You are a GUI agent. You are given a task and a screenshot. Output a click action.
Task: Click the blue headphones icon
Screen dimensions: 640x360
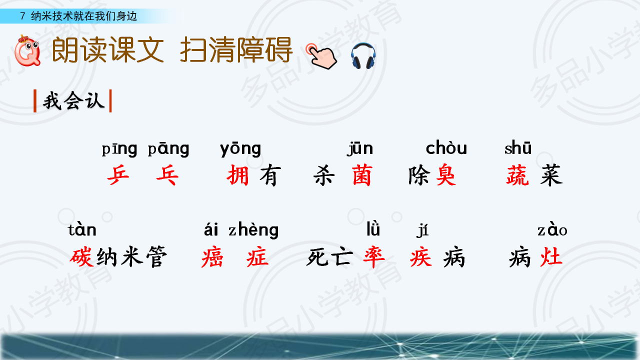[x=363, y=55]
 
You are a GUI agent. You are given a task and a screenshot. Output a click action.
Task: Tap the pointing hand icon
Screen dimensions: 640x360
[x=321, y=56]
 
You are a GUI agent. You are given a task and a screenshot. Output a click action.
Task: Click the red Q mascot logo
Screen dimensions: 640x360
[x=27, y=50]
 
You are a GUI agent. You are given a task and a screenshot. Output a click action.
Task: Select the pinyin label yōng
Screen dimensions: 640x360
[x=240, y=149]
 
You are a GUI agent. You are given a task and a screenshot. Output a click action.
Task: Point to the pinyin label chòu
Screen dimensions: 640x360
[x=446, y=148]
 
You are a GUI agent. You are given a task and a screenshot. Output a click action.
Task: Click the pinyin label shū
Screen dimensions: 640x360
[x=518, y=148]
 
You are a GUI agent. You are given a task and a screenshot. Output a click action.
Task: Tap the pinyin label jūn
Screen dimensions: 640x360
[x=360, y=149]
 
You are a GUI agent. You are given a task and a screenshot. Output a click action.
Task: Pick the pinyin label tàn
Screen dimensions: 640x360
[x=82, y=230]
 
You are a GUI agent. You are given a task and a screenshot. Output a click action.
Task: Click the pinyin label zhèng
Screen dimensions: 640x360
[x=253, y=230]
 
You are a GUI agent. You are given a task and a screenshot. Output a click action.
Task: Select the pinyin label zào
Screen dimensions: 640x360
[x=552, y=229]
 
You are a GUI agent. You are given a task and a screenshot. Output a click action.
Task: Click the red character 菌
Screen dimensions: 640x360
[x=361, y=175]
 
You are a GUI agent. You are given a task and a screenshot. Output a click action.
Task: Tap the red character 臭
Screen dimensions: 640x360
[x=445, y=175]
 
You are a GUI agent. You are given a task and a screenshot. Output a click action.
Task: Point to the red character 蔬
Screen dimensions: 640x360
[x=517, y=175]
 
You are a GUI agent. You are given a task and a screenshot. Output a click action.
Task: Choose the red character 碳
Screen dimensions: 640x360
[x=81, y=257]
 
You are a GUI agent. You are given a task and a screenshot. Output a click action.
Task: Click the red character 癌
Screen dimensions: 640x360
[x=212, y=257]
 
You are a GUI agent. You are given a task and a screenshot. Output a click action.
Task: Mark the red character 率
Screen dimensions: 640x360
[x=374, y=257]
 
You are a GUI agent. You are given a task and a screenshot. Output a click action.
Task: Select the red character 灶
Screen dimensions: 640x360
[x=551, y=256]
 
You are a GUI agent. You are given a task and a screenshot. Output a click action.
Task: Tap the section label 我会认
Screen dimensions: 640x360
[x=73, y=101]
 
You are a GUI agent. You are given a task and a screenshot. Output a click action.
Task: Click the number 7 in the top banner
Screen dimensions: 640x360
[x=23, y=16]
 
